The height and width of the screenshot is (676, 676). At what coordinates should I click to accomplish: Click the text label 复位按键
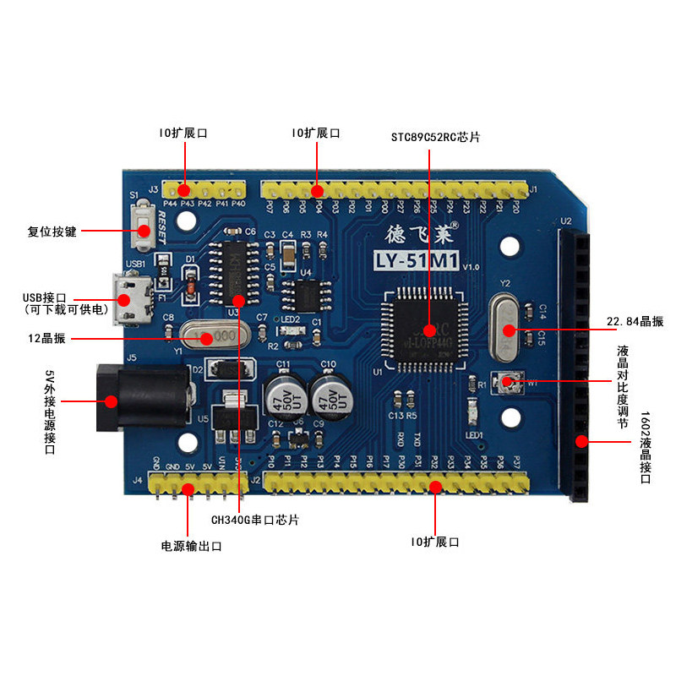[52, 231]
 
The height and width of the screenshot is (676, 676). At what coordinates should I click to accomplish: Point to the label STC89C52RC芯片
[435, 137]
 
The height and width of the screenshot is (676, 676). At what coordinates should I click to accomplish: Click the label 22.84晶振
[635, 322]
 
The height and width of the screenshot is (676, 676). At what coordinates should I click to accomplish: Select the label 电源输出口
[191, 546]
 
